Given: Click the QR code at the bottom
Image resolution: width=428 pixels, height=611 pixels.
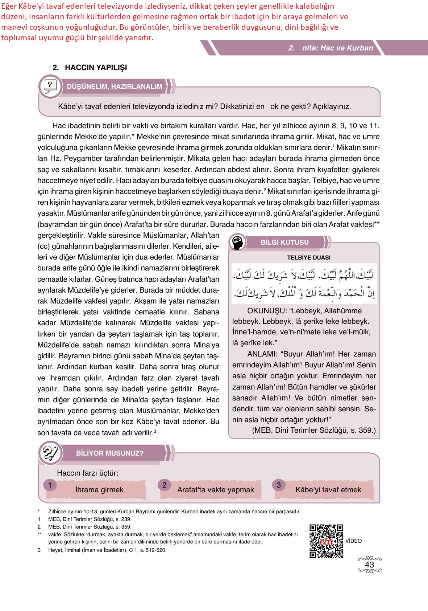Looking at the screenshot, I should pyautogui.click(x=327, y=541).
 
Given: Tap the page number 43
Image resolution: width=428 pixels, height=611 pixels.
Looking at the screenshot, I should pyautogui.click(x=369, y=565).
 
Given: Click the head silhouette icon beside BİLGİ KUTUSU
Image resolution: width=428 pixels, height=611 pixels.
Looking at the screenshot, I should pyautogui.click(x=238, y=243).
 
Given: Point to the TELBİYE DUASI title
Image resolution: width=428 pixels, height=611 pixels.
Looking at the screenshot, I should pyautogui.click(x=308, y=258).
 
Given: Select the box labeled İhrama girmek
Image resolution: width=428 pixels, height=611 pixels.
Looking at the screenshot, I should pyautogui.click(x=99, y=490).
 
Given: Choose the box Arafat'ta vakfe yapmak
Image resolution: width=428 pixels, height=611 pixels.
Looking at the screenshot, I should pyautogui.click(x=215, y=490).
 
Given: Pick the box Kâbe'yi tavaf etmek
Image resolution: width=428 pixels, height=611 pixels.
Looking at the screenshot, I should pyautogui.click(x=328, y=490).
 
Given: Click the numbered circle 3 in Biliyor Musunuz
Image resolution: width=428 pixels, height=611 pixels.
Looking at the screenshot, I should pyautogui.click(x=279, y=485).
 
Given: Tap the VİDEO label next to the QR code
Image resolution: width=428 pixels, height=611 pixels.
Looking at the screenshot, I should pyautogui.click(x=354, y=541).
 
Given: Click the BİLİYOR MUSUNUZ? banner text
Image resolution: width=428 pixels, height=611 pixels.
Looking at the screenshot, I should pyautogui.click(x=110, y=453).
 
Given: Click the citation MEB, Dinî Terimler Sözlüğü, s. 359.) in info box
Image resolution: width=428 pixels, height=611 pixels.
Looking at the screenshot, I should pyautogui.click(x=313, y=431).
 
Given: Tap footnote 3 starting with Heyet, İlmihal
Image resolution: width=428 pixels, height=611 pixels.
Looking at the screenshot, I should pyautogui.click(x=107, y=550).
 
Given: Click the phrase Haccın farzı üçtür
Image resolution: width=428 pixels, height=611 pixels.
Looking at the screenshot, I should pyautogui.click(x=87, y=473).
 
